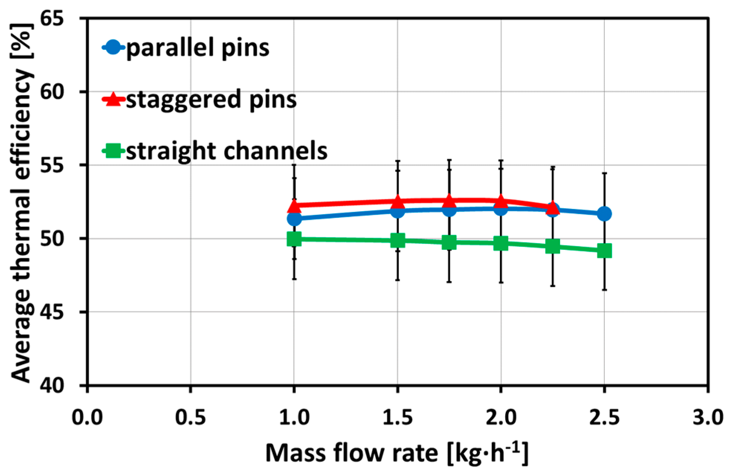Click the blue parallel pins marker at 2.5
pyautogui.click(x=604, y=214)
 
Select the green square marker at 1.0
pyautogui.click(x=294, y=239)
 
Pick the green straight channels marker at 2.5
pyautogui.click(x=604, y=251)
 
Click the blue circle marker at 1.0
pyautogui.click(x=294, y=218)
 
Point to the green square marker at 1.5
pyautogui.click(x=397, y=240)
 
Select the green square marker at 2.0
pyautogui.click(x=501, y=243)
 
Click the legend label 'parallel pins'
pyautogui.click(x=198, y=48)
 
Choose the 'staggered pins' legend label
pyautogui.click(x=211, y=100)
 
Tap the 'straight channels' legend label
pyautogui.click(x=227, y=151)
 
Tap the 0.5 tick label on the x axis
pyautogui.click(x=190, y=417)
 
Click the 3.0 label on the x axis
pyautogui.click(x=708, y=417)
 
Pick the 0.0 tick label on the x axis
pyautogui.click(x=87, y=417)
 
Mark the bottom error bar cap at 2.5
pyautogui.click(x=604, y=290)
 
